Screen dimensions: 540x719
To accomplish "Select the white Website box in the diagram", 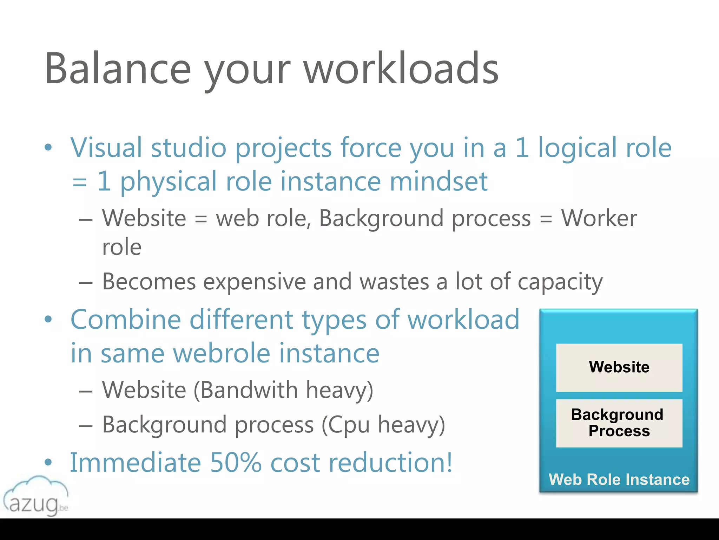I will point(619,367).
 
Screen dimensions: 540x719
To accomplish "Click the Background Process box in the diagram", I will point(619,423).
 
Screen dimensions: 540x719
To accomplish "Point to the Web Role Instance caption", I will point(619,480).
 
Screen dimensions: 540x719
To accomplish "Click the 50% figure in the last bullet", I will point(236,463).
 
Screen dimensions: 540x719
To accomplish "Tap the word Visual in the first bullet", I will point(106,148).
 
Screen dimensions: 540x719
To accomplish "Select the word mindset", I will point(438,181).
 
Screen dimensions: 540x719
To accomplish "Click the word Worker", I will point(599,218).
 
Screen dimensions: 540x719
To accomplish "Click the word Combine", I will point(126,320).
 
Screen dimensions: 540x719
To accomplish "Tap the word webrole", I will point(222,353).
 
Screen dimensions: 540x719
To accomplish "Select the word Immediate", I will point(136,463).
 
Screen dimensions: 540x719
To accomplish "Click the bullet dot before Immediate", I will point(48,462).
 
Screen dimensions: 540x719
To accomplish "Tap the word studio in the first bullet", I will point(189,148).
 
